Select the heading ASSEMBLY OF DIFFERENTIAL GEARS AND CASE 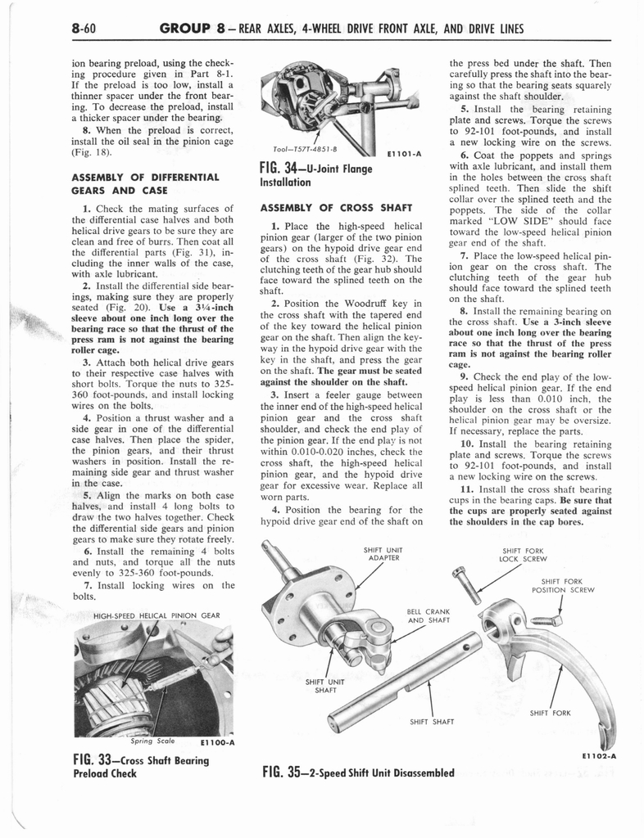pyautogui.click(x=145, y=183)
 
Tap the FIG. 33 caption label pyautogui.click(x=141, y=766)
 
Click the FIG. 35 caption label pyautogui.click(x=357, y=773)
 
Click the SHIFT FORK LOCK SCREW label pyautogui.click(x=524, y=555)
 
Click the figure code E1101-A pyautogui.click(x=403, y=152)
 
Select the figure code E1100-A pyautogui.click(x=217, y=743)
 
